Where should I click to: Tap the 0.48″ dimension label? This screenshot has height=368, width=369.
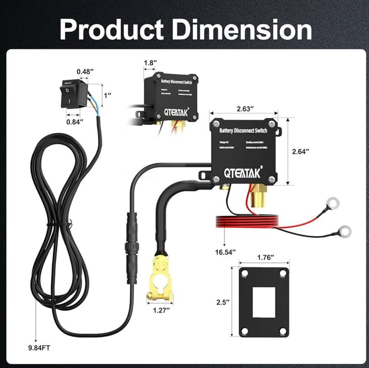(x=83, y=72)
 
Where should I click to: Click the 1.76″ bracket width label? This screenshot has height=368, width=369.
(x=265, y=257)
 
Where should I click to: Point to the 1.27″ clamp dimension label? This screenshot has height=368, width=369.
(x=161, y=310)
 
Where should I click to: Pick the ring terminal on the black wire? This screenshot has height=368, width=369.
(x=344, y=231)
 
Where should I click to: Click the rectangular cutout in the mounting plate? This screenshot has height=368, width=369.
(x=264, y=301)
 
